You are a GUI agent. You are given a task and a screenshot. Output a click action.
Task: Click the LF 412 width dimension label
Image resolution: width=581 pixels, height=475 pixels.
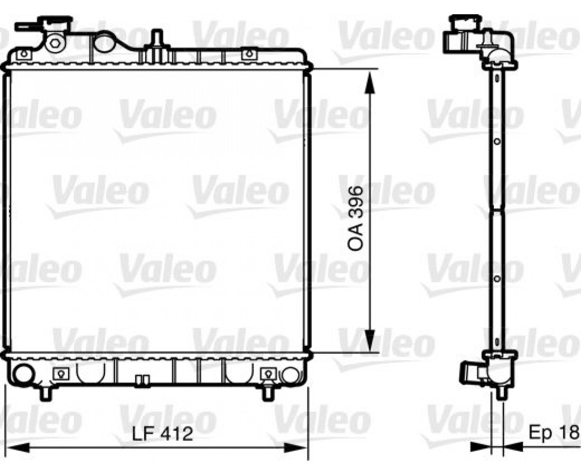point(163,433)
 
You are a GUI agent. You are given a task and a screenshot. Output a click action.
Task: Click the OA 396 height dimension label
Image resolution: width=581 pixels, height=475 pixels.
point(355,219)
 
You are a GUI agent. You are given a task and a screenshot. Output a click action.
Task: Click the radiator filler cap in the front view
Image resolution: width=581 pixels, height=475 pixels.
point(57,22)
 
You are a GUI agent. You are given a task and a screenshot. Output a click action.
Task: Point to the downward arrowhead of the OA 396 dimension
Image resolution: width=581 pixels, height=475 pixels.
point(369,340)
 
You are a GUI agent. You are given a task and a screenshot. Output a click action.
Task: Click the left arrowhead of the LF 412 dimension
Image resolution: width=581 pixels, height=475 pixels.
point(18,448)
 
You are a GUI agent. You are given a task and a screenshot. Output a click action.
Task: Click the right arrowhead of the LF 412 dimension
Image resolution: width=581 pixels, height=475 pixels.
point(296,448)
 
